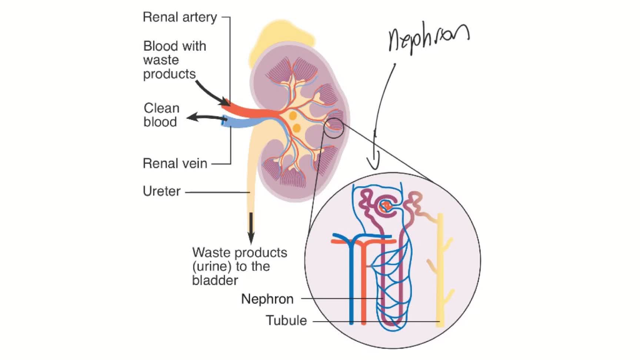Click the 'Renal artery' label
point(180,17)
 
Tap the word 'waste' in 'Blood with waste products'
point(161,60)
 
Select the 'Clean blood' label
point(161,115)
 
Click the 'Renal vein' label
point(175,163)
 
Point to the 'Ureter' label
point(161,191)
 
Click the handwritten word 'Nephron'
point(428,39)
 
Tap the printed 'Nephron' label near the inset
point(267,299)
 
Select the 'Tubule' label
point(286,320)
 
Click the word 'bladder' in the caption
point(215,280)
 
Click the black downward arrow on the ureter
point(251,228)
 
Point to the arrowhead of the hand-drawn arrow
point(374,163)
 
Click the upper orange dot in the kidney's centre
point(293,116)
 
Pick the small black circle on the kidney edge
point(334,128)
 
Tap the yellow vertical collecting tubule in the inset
point(440,270)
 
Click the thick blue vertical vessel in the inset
point(351,281)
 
